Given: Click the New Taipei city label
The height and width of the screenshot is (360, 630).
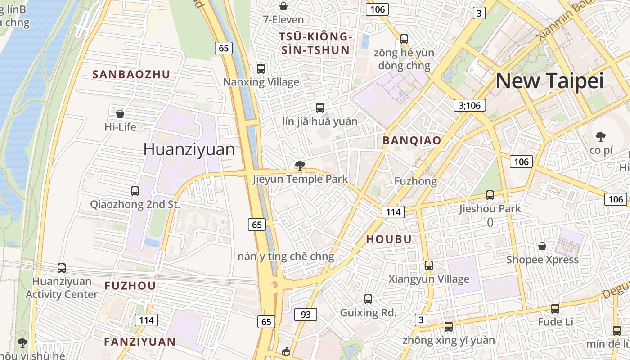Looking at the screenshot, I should point(549,81).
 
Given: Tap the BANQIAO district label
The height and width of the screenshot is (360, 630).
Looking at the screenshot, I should point(412,140).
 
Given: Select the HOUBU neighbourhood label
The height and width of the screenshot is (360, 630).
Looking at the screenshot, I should point(389,239).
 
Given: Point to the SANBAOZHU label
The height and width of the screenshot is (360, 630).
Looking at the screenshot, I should point(131,75).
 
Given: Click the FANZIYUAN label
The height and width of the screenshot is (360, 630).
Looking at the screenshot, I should point(140,342).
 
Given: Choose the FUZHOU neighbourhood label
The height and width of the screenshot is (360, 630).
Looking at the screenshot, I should point(130,286).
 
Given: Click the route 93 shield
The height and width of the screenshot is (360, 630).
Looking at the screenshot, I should point(306,315).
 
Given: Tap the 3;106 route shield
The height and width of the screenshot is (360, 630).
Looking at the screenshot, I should point(469,106).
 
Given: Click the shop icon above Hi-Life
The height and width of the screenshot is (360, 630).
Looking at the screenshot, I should point(120,114).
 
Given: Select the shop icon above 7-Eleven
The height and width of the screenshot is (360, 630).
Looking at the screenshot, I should point(283,6).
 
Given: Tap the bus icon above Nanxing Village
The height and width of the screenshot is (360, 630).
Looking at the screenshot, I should point(261,69).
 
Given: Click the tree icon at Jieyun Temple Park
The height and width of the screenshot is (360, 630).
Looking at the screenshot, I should point(300,166).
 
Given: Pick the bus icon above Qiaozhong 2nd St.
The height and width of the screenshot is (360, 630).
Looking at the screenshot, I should point(135,191).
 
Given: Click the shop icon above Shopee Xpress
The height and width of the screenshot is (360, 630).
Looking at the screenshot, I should point(542,246).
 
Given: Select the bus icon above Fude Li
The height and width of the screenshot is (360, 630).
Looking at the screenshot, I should point(555,309).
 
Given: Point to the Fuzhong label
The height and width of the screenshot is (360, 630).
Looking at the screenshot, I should point(415,181).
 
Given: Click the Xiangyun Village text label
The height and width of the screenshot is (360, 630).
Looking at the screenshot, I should point(429,279).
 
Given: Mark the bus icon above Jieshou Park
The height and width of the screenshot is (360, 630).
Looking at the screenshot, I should point(490,195).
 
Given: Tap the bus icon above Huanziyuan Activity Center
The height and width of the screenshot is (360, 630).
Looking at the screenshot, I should point(62,268).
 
